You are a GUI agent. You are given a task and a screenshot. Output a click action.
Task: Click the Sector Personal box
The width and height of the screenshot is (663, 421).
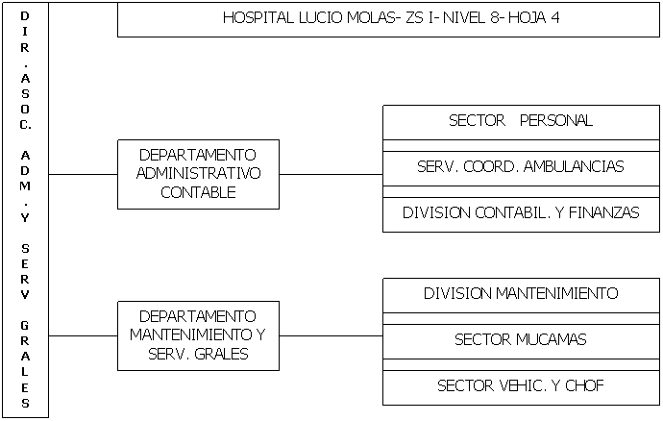[521, 123]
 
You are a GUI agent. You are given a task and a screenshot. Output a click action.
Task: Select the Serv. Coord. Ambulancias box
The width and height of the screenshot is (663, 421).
[521, 168]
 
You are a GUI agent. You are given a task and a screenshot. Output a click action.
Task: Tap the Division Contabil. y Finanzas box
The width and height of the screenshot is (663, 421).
[521, 214]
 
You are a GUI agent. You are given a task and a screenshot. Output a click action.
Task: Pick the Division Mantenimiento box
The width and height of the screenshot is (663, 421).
[521, 295]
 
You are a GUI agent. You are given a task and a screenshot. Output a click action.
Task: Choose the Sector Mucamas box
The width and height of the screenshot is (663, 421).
[521, 341]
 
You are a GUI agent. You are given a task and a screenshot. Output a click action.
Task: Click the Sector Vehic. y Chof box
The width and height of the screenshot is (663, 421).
[521, 387]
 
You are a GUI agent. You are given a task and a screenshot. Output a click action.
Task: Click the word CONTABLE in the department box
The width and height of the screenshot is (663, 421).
[198, 192]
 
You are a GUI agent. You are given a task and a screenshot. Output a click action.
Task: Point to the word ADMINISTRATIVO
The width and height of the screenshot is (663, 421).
[198, 173]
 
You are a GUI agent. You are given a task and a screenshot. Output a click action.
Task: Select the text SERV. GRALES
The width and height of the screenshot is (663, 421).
[198, 354]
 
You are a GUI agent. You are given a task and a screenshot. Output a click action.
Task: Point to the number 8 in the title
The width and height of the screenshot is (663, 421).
[495, 17]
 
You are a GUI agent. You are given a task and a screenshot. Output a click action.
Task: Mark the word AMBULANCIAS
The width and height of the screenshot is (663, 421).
[574, 166]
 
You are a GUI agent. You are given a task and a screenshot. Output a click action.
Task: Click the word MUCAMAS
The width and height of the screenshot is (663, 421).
[551, 339]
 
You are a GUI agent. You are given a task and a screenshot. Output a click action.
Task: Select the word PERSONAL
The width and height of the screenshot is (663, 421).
[556, 120]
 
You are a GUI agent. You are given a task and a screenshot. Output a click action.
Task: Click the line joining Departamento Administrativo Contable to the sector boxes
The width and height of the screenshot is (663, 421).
[331, 174]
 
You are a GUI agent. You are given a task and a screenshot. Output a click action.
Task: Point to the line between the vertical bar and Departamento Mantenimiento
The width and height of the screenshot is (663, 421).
[84, 336]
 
